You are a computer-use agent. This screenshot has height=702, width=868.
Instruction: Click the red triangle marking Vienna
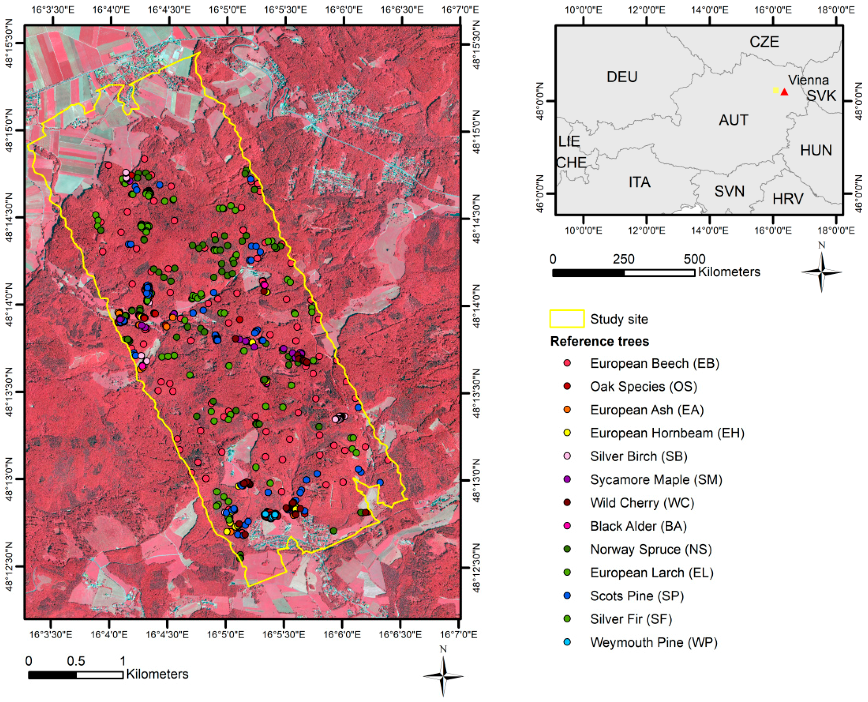tap(784, 92)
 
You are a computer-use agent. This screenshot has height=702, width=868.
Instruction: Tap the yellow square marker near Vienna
tap(775, 90)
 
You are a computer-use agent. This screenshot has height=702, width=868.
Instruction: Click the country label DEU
tap(622, 77)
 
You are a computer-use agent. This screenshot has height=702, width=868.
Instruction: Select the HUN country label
tap(816, 151)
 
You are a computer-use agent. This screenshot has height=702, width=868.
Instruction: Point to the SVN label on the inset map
tap(729, 191)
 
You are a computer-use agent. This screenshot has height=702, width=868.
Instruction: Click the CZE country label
tap(764, 42)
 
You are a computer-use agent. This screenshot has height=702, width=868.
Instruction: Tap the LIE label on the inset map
tap(569, 142)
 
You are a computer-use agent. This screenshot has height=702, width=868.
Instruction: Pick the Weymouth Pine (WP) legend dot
tap(567, 642)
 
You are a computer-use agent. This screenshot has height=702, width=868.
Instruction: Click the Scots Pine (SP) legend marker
tap(567, 596)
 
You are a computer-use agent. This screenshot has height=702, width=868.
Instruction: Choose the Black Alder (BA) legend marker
tap(567, 526)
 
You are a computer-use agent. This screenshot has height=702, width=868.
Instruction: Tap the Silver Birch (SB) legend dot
tap(567, 456)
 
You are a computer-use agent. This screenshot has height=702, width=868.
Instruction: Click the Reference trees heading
tap(599, 341)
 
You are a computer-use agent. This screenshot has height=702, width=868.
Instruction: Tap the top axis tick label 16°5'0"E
tap(227, 9)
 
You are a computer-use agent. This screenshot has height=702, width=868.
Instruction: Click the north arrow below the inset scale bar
tap(821, 272)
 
